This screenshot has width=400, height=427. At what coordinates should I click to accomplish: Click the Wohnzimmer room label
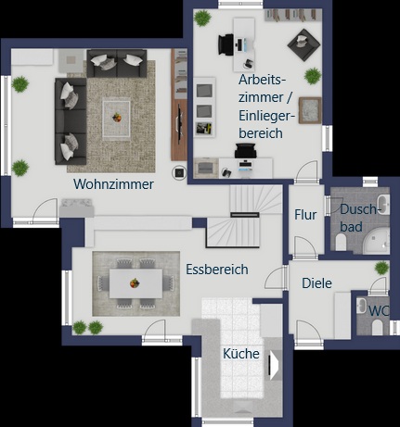tap(113, 184)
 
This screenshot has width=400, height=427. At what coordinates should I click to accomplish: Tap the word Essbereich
tap(216, 270)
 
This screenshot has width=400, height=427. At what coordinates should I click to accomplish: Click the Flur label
tap(305, 215)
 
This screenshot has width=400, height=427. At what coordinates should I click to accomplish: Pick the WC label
tap(379, 310)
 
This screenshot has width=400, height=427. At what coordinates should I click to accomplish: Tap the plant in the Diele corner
tap(381, 268)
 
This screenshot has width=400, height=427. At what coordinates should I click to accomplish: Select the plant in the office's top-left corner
tap(201, 17)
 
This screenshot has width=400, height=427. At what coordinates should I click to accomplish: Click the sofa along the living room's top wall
tap(117, 63)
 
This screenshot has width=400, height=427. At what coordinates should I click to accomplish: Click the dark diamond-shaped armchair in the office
tap(300, 41)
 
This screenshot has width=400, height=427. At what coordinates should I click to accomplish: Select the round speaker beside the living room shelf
tap(177, 171)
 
